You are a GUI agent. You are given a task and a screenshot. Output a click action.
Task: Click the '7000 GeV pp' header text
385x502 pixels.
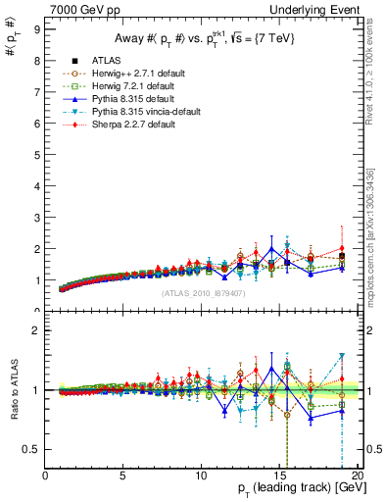[76, 9]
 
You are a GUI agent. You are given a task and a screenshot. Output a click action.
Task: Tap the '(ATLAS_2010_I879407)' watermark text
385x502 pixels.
[204, 291]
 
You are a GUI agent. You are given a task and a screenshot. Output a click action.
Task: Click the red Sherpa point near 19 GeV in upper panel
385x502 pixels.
[341, 248]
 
